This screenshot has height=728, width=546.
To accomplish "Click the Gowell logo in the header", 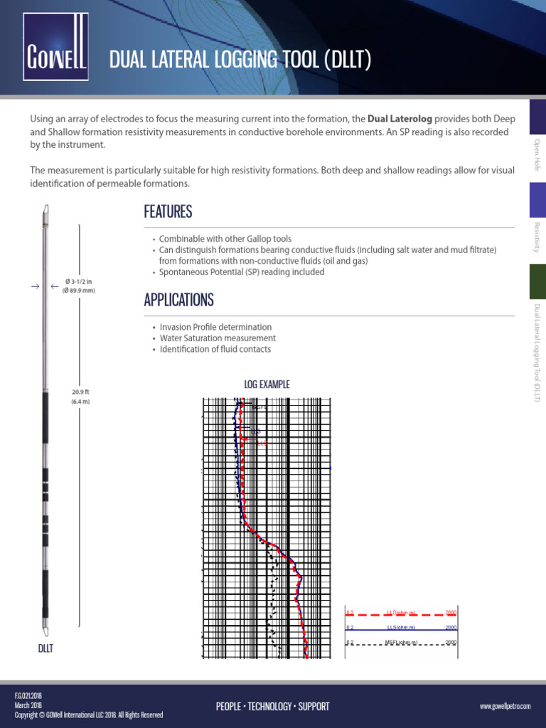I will point(55,48).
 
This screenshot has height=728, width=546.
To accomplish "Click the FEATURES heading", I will point(168,212).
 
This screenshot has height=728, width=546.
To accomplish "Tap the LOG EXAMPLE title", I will point(267,385).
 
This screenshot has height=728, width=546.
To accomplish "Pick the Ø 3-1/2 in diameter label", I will point(80,282).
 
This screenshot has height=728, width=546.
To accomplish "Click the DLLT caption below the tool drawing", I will point(45,648).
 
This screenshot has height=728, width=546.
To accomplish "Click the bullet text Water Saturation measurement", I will point(218,338).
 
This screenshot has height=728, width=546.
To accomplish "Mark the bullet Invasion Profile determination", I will point(215,327).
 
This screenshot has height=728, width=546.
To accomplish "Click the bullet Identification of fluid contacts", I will point(215,349).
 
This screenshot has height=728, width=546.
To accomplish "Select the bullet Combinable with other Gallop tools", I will point(225,239).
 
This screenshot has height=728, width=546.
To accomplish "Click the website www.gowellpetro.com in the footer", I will point(505,706).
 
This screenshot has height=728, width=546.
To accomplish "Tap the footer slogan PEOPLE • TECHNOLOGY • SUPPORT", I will point(272,706).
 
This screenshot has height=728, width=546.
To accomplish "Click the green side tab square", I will point(537,281).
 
